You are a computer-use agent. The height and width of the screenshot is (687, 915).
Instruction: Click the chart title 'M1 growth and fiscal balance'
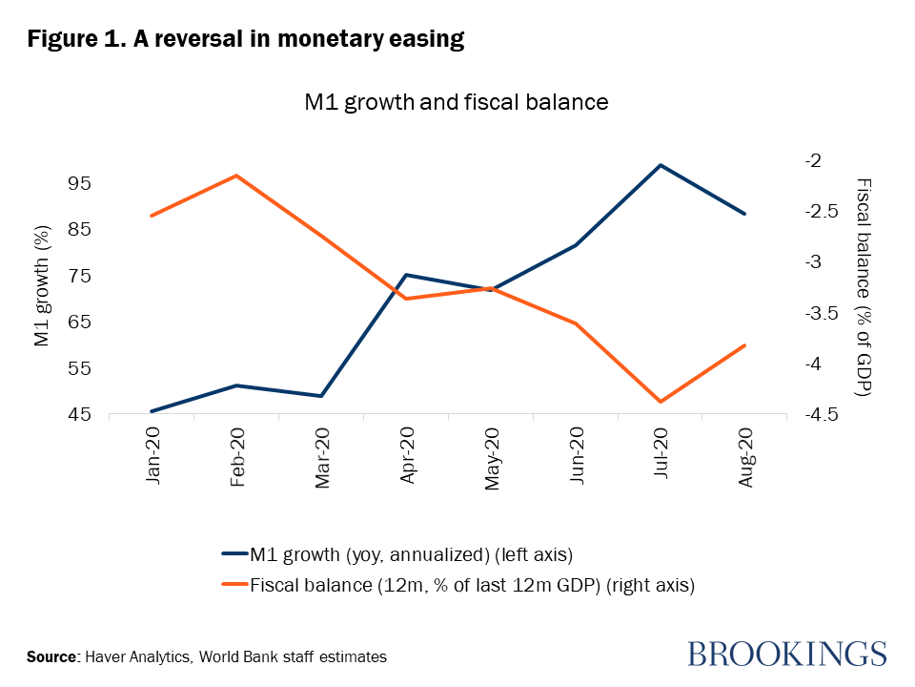(x=456, y=101)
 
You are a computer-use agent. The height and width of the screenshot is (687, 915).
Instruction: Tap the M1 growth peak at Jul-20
(x=660, y=165)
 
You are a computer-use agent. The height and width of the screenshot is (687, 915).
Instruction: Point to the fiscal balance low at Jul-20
(x=660, y=402)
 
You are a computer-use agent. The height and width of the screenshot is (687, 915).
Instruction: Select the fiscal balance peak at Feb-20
(x=236, y=176)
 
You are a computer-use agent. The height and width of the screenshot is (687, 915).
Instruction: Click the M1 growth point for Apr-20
(x=406, y=275)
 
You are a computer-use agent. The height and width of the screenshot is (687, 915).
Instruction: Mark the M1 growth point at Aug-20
(x=744, y=214)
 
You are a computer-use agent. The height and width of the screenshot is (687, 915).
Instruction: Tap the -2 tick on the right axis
(x=812, y=160)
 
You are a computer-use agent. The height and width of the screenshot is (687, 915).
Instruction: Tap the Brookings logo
(x=787, y=655)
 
